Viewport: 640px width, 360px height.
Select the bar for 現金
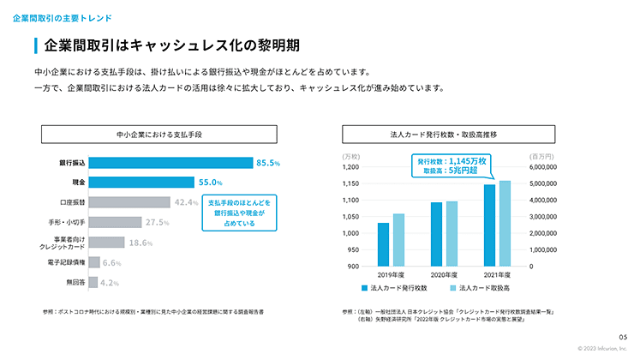point(142,182)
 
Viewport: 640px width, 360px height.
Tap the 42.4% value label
point(186,202)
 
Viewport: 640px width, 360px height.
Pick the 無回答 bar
point(92,282)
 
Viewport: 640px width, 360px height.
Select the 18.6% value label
point(140,243)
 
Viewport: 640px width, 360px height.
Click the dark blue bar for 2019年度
point(383,244)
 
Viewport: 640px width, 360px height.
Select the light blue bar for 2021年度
point(505,223)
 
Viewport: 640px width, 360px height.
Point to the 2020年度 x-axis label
point(443,274)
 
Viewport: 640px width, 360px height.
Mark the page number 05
point(623,336)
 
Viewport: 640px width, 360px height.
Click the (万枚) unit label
point(351,156)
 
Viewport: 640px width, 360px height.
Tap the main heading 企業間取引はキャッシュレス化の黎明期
point(170,45)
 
